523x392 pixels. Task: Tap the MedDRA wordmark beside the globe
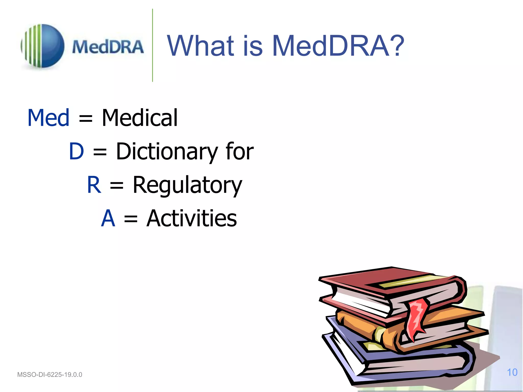pyautogui.click(x=108, y=47)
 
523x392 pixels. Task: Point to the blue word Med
pyautogui.click(x=48, y=118)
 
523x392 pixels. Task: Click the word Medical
pyautogui.click(x=139, y=118)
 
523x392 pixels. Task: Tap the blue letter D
pyautogui.click(x=76, y=151)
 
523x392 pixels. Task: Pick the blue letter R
pyautogui.click(x=94, y=185)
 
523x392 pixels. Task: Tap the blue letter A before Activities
pyautogui.click(x=108, y=218)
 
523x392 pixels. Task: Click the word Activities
pyautogui.click(x=192, y=218)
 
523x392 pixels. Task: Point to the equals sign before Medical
pyautogui.click(x=86, y=119)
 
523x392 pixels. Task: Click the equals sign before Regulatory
pyautogui.click(x=116, y=186)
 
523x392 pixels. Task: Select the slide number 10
pyautogui.click(x=512, y=372)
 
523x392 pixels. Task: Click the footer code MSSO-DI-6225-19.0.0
pyautogui.click(x=50, y=375)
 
